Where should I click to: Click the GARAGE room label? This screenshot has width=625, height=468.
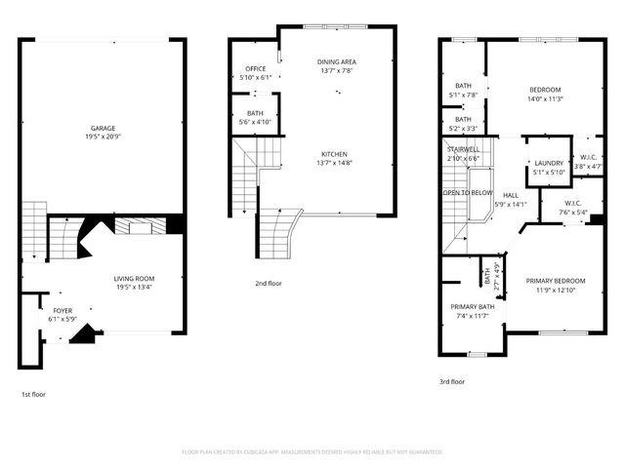[x=104, y=129]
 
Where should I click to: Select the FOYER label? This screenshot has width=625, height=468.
[x=62, y=310]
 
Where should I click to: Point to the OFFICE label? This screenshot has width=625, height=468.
[x=255, y=69]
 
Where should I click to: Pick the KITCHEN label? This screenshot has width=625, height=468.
[x=335, y=154]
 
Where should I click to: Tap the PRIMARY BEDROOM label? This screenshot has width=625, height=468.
[x=554, y=281]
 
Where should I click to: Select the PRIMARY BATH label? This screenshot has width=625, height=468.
[x=472, y=306]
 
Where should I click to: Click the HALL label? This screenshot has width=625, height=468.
[x=511, y=195]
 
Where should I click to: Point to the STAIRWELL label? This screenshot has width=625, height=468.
[x=463, y=149]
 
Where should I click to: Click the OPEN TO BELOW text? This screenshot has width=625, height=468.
[x=468, y=193]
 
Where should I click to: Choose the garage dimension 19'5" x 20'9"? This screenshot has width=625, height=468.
[x=104, y=137]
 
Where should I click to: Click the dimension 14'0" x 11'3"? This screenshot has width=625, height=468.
[x=553, y=98]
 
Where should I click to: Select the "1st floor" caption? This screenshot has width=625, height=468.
[x=33, y=394]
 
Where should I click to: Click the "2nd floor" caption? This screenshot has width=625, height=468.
[x=268, y=283]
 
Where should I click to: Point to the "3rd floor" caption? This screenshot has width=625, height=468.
[x=452, y=382]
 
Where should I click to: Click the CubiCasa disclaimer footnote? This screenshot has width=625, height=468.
[x=312, y=451]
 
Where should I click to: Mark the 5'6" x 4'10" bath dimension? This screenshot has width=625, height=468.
[x=255, y=122]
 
